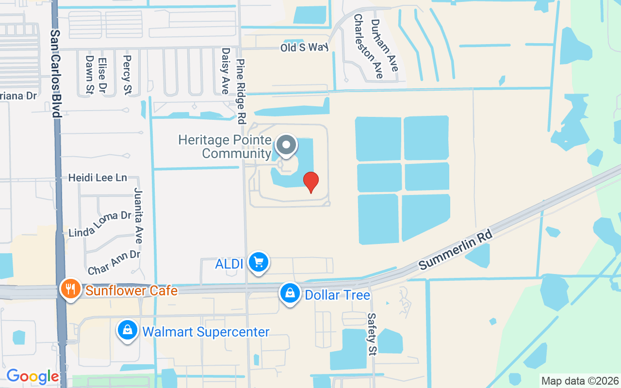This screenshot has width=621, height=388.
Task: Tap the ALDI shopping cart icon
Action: coord(258,262)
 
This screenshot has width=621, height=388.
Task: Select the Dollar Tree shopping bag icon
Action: coord(290,293)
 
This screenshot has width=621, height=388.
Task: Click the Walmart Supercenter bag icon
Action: coord(127,330)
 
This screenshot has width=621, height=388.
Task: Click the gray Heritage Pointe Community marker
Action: coord(286,145)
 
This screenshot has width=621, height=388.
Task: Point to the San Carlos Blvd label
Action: coord(56,74)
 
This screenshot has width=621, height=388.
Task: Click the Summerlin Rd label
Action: coord(456,250)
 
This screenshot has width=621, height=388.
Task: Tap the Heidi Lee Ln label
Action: coord(98,178)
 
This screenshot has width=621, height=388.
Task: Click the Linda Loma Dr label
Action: coord(100,224)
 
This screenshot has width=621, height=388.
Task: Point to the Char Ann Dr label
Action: coord(114,262)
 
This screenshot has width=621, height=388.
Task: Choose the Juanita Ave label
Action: coord(138,215)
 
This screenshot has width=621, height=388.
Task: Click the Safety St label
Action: coord(372,334)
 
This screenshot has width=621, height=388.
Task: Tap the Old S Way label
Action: coord(304,48)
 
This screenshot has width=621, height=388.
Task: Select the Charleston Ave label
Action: coord(368,46)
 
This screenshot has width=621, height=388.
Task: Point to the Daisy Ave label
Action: coord(225,71)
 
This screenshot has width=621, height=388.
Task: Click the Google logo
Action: coord(33,376)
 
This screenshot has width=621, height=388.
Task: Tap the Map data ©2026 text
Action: coord(580,381)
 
